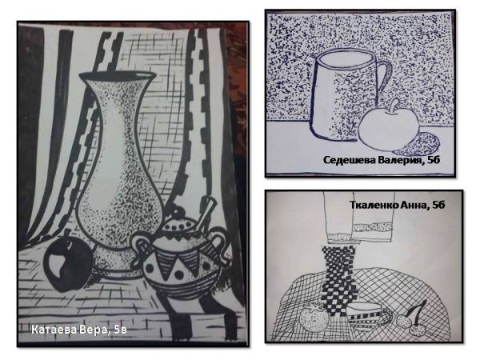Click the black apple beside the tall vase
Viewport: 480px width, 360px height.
[x=69, y=263]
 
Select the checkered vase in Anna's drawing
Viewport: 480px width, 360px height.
[x=340, y=282]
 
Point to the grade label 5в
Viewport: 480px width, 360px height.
[x=120, y=330]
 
